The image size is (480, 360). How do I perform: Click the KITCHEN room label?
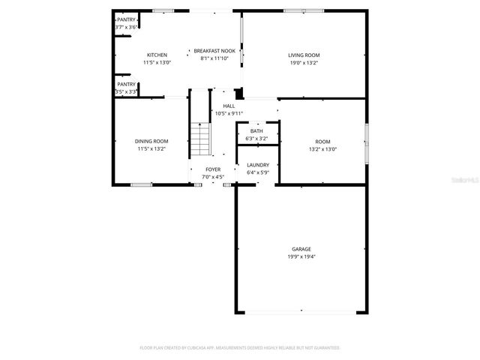click(157, 55)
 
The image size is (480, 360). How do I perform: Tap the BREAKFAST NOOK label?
click(214, 51)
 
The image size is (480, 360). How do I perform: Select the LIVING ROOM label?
click(304, 55)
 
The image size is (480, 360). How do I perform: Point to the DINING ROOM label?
click(151, 141)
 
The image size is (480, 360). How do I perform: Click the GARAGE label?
click(301, 249)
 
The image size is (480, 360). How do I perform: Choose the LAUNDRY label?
click(257, 165)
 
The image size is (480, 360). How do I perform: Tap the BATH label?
click(256, 131)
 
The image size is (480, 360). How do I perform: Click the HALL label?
click(229, 106)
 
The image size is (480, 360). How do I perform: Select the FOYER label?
click(214, 169)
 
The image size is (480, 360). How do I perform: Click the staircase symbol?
click(199, 137)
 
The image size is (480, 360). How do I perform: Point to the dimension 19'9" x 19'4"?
click(301, 256)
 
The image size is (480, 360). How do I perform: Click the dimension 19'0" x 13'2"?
click(304, 63)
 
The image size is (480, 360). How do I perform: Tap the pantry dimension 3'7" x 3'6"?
click(126, 27)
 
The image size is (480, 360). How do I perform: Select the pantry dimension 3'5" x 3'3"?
click(126, 91)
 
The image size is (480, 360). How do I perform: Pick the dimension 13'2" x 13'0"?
click(322, 148)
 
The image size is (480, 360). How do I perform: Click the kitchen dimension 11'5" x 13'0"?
click(157, 63)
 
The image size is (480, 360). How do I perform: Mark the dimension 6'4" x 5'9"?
click(257, 172)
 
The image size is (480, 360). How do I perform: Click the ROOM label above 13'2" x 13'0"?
click(322, 141)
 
